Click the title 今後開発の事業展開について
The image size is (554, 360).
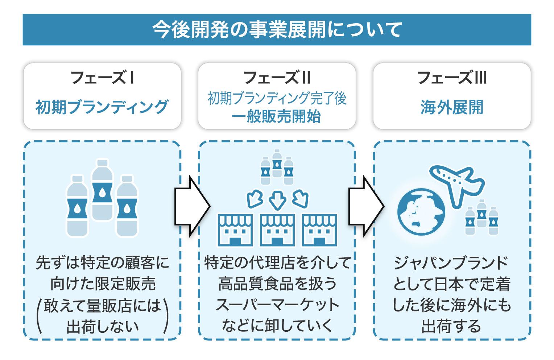click(x=277, y=30)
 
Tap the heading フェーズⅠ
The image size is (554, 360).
click(x=102, y=78)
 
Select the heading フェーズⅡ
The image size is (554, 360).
click(x=277, y=78)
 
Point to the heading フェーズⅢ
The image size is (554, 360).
click(x=452, y=78)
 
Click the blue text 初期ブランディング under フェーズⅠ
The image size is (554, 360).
click(x=102, y=107)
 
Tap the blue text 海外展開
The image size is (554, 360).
click(x=452, y=107)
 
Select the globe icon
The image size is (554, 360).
click(x=421, y=212)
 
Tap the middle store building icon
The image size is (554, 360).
click(x=277, y=230)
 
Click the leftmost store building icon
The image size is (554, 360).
click(x=235, y=230)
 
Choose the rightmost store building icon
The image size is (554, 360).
click(x=319, y=230)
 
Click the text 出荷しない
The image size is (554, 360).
click(x=102, y=326)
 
